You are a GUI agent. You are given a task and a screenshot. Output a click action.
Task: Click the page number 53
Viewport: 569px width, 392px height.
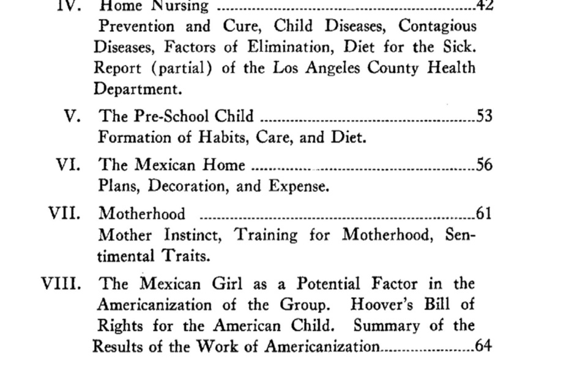click(484, 116)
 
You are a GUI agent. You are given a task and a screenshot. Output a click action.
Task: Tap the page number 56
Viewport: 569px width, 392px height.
click(484, 165)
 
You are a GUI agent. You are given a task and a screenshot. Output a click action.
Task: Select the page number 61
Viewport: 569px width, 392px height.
click(484, 213)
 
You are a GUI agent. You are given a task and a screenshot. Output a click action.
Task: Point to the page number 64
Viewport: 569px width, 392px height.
click(483, 346)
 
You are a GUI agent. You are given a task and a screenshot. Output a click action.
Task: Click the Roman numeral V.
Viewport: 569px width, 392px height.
click(72, 116)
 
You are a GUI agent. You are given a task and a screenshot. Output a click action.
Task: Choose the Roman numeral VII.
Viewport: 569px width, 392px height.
click(64, 213)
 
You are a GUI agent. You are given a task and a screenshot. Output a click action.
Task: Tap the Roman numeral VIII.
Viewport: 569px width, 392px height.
click(61, 284)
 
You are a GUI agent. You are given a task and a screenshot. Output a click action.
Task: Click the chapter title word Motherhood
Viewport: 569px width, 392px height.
click(142, 213)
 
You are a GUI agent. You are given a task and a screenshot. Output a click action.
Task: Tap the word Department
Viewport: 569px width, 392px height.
click(138, 89)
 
